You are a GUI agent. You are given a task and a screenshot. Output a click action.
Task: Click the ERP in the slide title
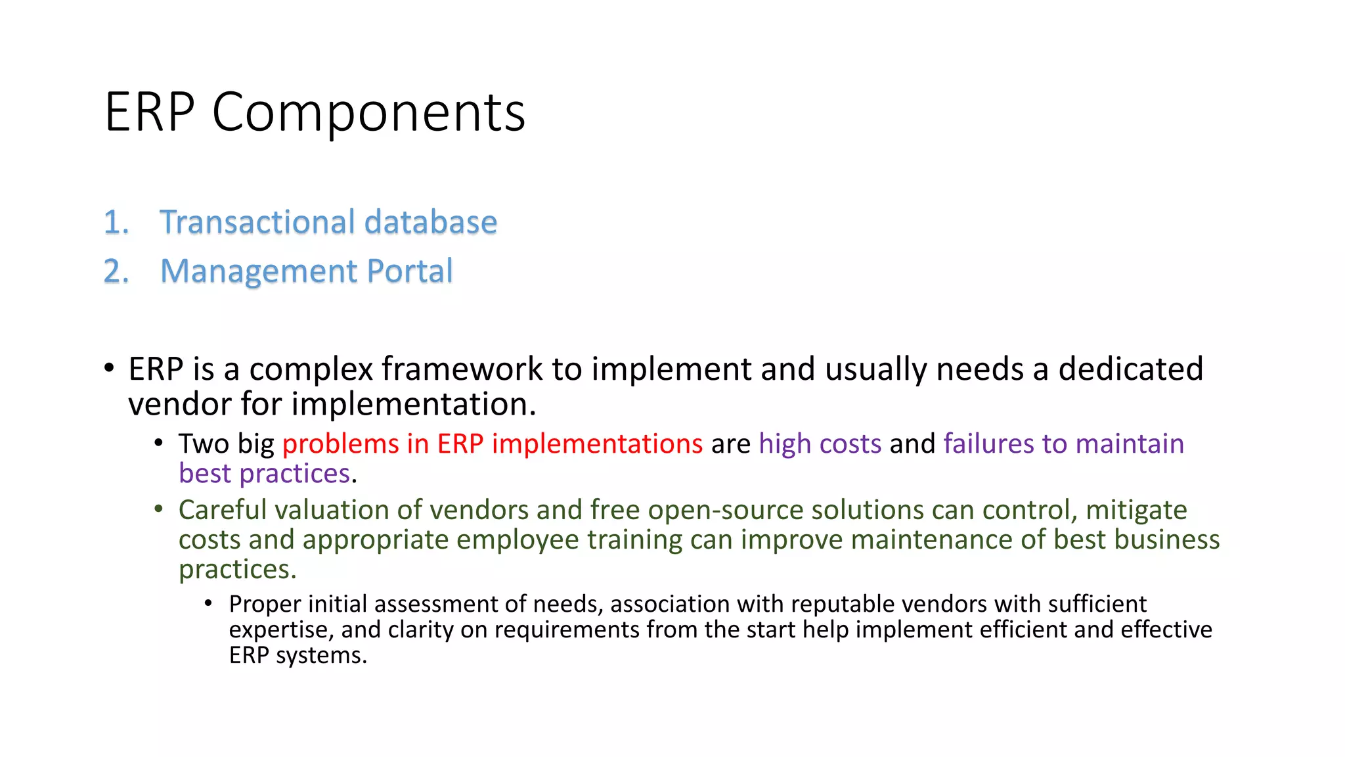click(150, 112)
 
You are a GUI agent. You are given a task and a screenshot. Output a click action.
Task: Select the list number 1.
click(116, 222)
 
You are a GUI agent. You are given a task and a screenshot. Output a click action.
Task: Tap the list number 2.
click(116, 271)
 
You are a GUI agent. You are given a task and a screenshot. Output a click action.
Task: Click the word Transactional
click(257, 222)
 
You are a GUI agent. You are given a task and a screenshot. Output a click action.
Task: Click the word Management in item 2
click(259, 272)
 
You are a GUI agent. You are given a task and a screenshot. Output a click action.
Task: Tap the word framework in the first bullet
click(462, 369)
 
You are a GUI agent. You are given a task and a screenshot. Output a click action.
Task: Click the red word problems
click(340, 444)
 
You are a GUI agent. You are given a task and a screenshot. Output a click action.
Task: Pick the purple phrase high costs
click(820, 444)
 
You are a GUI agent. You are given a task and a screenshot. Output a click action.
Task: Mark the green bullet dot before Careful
click(158, 509)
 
